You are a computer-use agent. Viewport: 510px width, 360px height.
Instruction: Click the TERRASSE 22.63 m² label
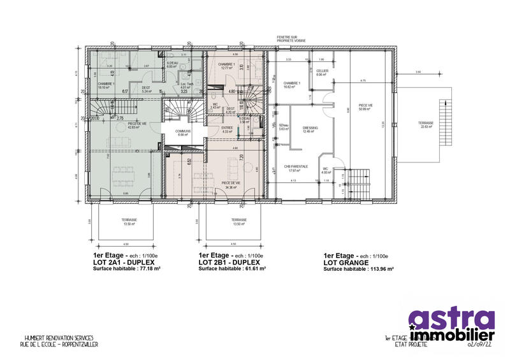(x=426, y=124)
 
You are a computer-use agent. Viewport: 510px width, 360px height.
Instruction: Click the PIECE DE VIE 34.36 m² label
(x=230, y=184)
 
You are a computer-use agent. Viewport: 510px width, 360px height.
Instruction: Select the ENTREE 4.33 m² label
(x=227, y=129)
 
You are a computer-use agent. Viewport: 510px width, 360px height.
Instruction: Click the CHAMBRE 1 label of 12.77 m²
(x=227, y=66)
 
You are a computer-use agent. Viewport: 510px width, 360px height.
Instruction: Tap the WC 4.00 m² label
(x=326, y=170)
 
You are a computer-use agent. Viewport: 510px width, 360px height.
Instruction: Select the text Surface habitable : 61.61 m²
(x=232, y=269)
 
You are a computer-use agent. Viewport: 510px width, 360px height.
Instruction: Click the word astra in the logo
(x=451, y=319)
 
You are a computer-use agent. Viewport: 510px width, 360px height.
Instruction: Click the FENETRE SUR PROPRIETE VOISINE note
(x=291, y=39)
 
